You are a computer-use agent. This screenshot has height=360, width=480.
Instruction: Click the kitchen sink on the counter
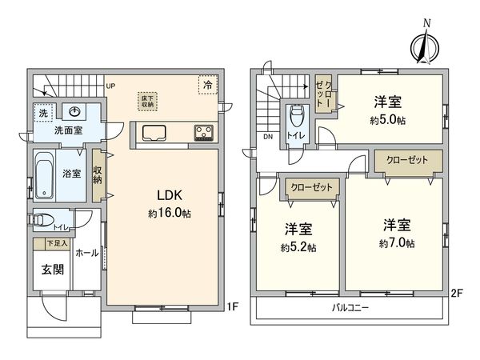click(153, 133)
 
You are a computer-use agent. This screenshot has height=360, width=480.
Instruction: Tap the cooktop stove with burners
click(202, 133)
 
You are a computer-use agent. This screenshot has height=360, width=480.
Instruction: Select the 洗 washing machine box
click(42, 112)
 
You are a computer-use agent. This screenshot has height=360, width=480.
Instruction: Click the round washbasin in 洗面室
click(74, 111)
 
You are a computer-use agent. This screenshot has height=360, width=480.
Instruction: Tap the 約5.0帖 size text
click(387, 122)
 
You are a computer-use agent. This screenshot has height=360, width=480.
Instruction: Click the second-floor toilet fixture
click(297, 121)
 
